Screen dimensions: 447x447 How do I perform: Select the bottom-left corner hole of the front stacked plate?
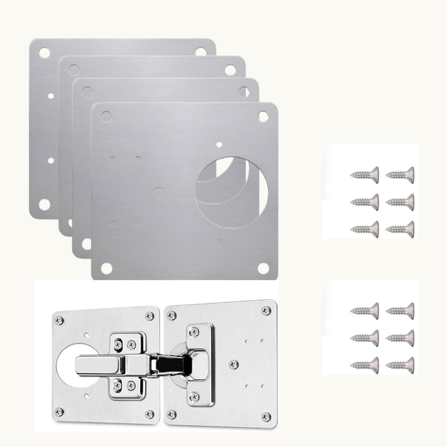(106, 268)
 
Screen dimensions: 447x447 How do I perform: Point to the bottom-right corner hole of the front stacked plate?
(263, 268)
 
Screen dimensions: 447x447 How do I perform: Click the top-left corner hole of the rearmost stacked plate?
(44, 53)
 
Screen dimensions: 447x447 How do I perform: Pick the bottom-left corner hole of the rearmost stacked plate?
(44, 205)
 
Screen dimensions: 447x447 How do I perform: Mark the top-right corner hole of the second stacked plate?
(230, 70)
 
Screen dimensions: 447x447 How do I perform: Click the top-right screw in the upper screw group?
(400, 173)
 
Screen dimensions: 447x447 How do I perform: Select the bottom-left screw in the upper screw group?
(364, 228)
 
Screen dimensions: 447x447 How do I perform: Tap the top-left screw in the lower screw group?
(364, 309)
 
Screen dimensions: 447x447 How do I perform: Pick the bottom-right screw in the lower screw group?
(400, 363)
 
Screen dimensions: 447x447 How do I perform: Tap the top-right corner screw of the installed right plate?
(266, 310)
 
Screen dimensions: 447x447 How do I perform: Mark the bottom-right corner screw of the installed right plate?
(266, 416)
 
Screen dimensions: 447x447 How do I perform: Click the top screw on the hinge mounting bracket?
(194, 331)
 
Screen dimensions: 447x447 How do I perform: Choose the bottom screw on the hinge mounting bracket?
(194, 395)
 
